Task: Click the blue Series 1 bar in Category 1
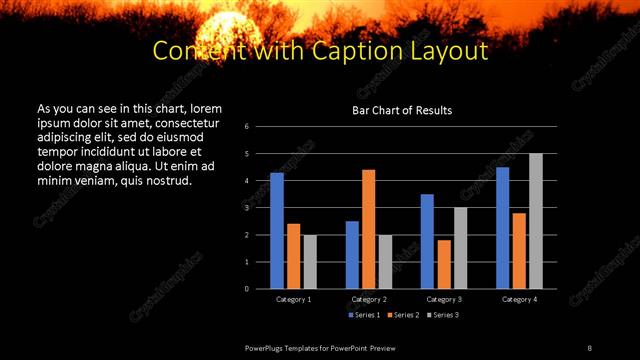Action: click(277, 231)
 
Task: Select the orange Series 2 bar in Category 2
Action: click(368, 229)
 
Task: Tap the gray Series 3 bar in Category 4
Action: click(536, 221)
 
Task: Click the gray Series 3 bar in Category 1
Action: click(310, 262)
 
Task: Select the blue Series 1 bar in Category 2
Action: click(352, 255)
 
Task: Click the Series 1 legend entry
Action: click(362, 315)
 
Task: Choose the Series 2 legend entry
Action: click(402, 315)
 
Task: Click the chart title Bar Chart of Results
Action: click(402, 110)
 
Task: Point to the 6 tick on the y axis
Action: click(261, 127)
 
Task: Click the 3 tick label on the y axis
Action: click(261, 208)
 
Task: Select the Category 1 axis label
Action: click(293, 299)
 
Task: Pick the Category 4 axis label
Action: click(519, 299)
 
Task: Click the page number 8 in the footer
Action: click(589, 347)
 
